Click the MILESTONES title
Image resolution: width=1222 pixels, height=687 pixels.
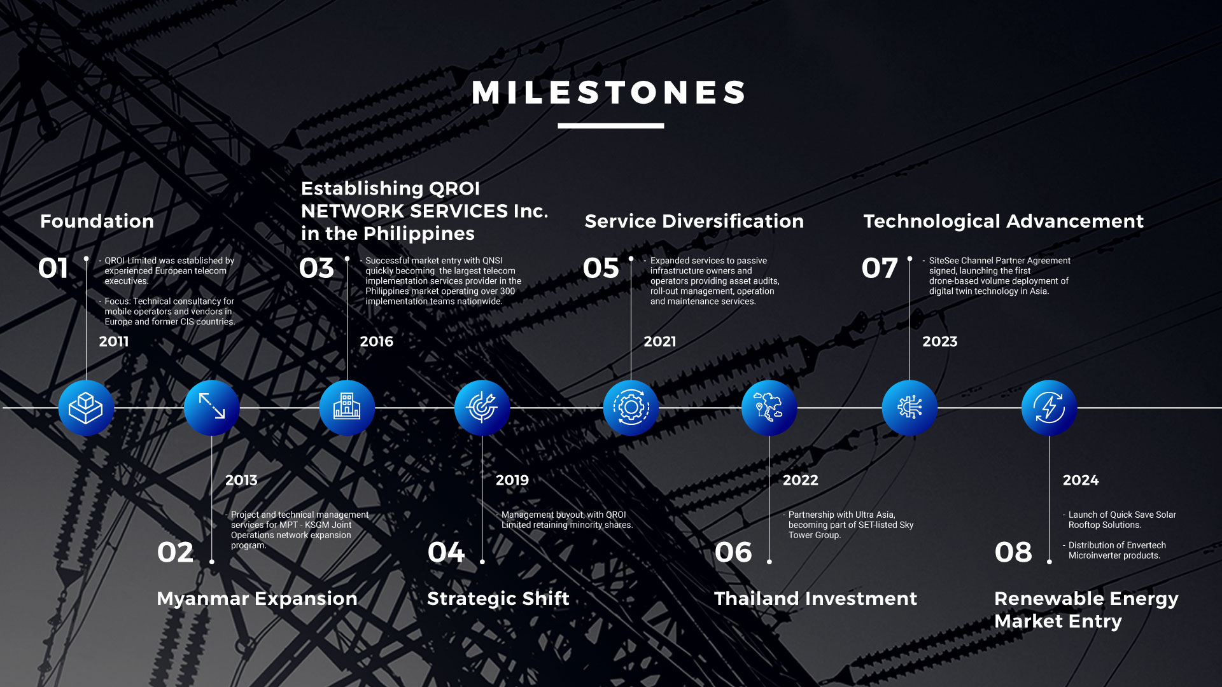(609, 92)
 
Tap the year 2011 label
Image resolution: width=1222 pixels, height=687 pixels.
(114, 342)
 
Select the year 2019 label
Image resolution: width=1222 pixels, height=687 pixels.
(512, 480)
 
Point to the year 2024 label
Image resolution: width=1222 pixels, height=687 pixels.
(1081, 480)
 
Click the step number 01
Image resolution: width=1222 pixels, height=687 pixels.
(53, 268)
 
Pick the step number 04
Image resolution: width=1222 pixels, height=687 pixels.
(446, 552)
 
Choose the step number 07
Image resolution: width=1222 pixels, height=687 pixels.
(880, 268)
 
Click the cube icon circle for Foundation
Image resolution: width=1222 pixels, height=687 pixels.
(86, 408)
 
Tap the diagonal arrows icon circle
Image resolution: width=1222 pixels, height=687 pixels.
(212, 408)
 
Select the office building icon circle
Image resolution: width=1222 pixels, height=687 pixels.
(347, 408)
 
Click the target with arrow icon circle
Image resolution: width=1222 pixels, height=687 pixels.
(482, 408)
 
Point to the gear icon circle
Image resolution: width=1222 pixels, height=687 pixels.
(631, 408)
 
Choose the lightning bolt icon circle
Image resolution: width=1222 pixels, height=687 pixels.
(1050, 408)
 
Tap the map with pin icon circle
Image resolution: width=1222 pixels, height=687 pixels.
(769, 408)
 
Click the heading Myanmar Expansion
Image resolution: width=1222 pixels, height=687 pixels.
(257, 599)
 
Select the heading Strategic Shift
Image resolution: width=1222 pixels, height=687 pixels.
(498, 599)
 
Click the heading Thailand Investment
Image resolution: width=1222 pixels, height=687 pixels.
(816, 599)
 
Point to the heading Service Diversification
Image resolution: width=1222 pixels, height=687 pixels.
(694, 221)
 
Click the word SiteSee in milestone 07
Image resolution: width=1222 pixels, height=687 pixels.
(944, 261)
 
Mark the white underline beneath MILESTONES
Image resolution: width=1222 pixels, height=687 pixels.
(611, 126)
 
